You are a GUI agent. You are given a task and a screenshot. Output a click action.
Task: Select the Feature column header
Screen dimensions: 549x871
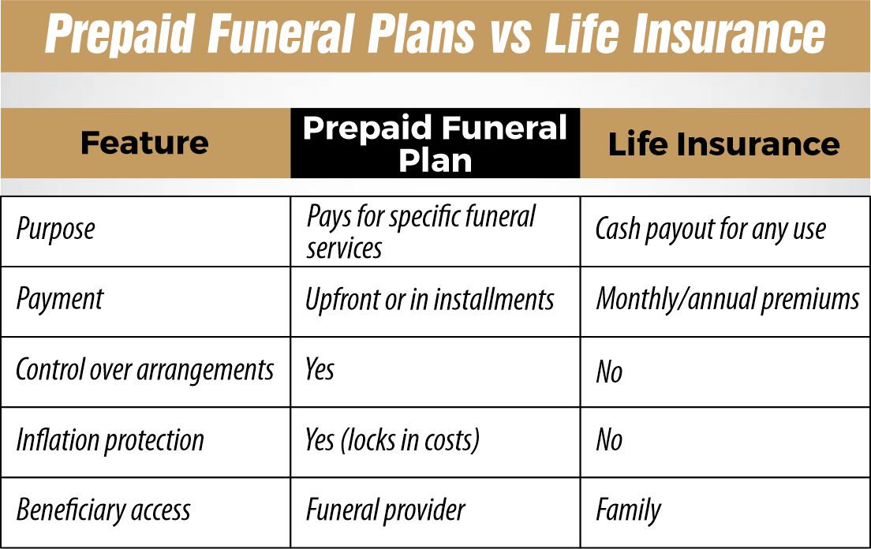[144, 144]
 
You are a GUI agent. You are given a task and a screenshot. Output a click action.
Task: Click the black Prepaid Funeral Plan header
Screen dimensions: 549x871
[435, 144]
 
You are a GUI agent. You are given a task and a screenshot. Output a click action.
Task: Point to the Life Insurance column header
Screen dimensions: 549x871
[723, 144]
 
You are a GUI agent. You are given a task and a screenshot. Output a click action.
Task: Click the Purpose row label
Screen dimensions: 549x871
[55, 230]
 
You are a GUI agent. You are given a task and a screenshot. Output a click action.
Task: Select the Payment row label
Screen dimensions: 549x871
[60, 300]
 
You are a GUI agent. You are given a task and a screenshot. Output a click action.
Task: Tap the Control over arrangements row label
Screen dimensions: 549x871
[144, 370]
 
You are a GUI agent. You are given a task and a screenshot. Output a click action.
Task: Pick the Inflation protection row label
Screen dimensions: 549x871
[110, 440]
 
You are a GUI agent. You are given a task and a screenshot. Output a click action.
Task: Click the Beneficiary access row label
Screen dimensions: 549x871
[103, 510]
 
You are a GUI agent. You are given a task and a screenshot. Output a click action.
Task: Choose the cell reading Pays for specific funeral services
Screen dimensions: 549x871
[421, 232]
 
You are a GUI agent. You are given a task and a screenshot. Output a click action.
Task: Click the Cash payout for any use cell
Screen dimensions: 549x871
[710, 230]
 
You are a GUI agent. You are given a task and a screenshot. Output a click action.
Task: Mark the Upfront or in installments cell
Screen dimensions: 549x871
[429, 300]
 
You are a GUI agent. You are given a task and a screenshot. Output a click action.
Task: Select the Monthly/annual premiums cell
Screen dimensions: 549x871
[727, 300]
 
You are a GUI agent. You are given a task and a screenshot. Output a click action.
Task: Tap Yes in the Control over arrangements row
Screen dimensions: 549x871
[320, 370]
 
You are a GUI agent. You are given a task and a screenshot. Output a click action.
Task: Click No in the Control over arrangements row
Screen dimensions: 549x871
[609, 372]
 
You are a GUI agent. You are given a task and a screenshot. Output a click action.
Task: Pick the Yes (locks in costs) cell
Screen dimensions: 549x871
[392, 440]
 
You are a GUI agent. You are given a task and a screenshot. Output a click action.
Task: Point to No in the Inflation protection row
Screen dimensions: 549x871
[609, 440]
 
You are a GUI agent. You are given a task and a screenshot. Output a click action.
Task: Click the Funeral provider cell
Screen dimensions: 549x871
[385, 511]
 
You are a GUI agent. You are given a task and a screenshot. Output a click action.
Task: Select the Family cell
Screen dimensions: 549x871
[628, 511]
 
